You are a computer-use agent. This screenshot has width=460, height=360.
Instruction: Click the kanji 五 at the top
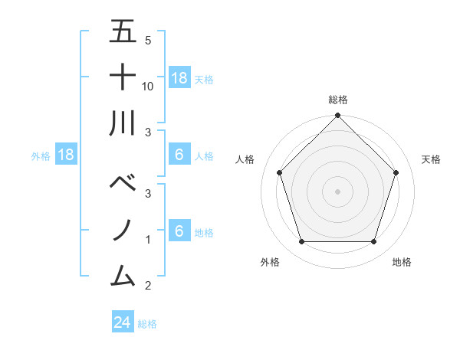[123, 32]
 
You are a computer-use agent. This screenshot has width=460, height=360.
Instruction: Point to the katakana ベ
[123, 184]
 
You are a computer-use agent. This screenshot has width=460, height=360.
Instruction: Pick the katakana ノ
[123, 230]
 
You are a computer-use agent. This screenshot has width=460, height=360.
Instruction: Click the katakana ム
[123, 274]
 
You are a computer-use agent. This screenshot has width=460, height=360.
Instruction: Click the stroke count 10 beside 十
[148, 87]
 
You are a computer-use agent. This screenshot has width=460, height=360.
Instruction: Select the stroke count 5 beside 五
[148, 41]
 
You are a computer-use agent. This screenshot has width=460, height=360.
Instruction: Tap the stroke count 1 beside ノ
[148, 240]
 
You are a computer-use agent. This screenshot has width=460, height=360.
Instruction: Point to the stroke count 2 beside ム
[148, 286]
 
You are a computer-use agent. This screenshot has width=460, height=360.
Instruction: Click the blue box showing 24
[123, 322]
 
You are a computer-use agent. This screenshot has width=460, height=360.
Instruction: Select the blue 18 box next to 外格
[66, 155]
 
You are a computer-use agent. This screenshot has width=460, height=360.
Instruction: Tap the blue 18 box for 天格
[179, 77]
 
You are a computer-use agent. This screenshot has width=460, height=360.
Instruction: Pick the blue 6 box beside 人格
[179, 155]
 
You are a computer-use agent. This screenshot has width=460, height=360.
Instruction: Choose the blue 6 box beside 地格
[179, 231]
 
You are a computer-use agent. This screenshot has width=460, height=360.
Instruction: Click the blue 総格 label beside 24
[147, 324]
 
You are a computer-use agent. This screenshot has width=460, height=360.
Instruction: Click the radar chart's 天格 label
[431, 159]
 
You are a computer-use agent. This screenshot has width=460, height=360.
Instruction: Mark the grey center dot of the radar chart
[337, 191]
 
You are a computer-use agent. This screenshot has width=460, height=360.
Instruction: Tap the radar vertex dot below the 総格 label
[337, 116]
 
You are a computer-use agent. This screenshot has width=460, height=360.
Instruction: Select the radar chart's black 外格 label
[270, 262]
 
